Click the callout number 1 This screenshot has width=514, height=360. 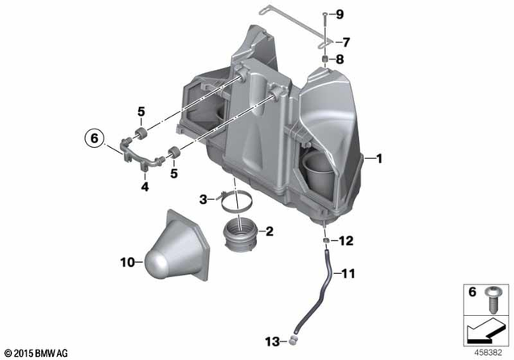[379, 159]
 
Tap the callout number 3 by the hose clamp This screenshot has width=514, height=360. [204, 197]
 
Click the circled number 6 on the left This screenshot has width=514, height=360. [93, 139]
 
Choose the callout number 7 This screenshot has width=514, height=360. [347, 42]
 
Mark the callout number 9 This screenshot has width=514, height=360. [339, 14]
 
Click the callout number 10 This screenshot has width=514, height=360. [127, 261]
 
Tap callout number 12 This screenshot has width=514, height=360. [346, 240]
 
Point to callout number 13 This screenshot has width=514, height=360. [270, 341]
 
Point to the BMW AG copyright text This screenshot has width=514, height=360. [35, 352]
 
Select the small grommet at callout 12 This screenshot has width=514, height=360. [324, 240]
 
